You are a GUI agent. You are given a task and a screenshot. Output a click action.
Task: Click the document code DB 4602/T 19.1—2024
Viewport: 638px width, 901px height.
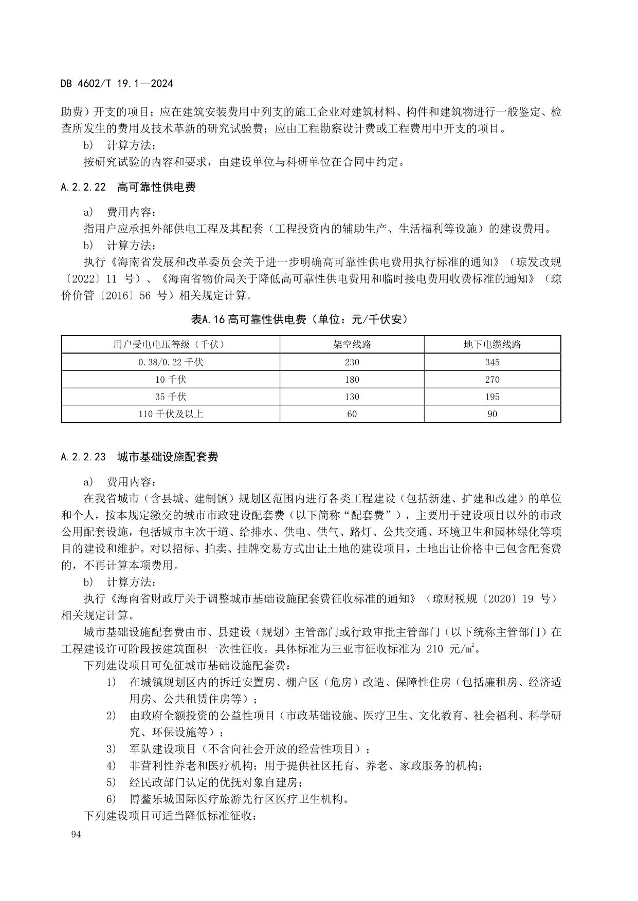tap(117, 83)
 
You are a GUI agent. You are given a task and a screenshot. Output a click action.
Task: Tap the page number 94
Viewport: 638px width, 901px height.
tap(76, 835)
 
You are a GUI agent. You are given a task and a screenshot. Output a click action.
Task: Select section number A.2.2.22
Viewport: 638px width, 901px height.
tap(83, 187)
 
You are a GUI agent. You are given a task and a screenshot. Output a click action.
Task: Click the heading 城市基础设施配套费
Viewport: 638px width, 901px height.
tap(168, 457)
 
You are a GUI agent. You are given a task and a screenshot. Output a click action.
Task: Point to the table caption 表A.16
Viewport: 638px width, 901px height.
tap(208, 320)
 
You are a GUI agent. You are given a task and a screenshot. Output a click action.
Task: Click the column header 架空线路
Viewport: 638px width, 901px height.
tap(352, 345)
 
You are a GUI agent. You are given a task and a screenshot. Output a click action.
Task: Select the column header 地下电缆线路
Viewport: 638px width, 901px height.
tap(492, 345)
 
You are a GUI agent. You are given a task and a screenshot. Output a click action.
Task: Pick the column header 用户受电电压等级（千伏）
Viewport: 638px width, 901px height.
tap(170, 345)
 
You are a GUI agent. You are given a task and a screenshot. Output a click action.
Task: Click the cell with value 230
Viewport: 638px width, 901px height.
tap(352, 362)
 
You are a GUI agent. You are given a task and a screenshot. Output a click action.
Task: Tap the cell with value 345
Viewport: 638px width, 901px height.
tap(492, 362)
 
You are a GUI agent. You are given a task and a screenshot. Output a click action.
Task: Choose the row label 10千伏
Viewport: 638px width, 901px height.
tap(170, 380)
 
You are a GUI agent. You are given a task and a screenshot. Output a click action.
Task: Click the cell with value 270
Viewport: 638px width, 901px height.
tap(492, 380)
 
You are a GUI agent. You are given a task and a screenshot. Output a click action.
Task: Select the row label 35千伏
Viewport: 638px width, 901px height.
tap(170, 397)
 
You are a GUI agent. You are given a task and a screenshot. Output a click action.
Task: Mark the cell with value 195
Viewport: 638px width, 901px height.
tap(492, 397)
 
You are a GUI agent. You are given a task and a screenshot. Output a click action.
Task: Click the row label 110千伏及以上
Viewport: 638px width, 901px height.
tap(170, 414)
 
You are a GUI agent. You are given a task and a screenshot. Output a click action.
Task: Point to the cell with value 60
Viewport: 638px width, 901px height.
tap(352, 414)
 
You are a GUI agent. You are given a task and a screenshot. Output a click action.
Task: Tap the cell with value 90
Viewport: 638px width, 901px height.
tap(492, 414)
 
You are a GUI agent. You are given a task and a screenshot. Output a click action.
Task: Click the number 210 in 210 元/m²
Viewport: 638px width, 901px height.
tap(435, 649)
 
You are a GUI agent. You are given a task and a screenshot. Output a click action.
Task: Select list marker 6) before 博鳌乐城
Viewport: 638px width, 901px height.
tap(111, 799)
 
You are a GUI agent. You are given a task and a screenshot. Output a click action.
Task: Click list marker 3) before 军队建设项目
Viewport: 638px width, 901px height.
tap(111, 749)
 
